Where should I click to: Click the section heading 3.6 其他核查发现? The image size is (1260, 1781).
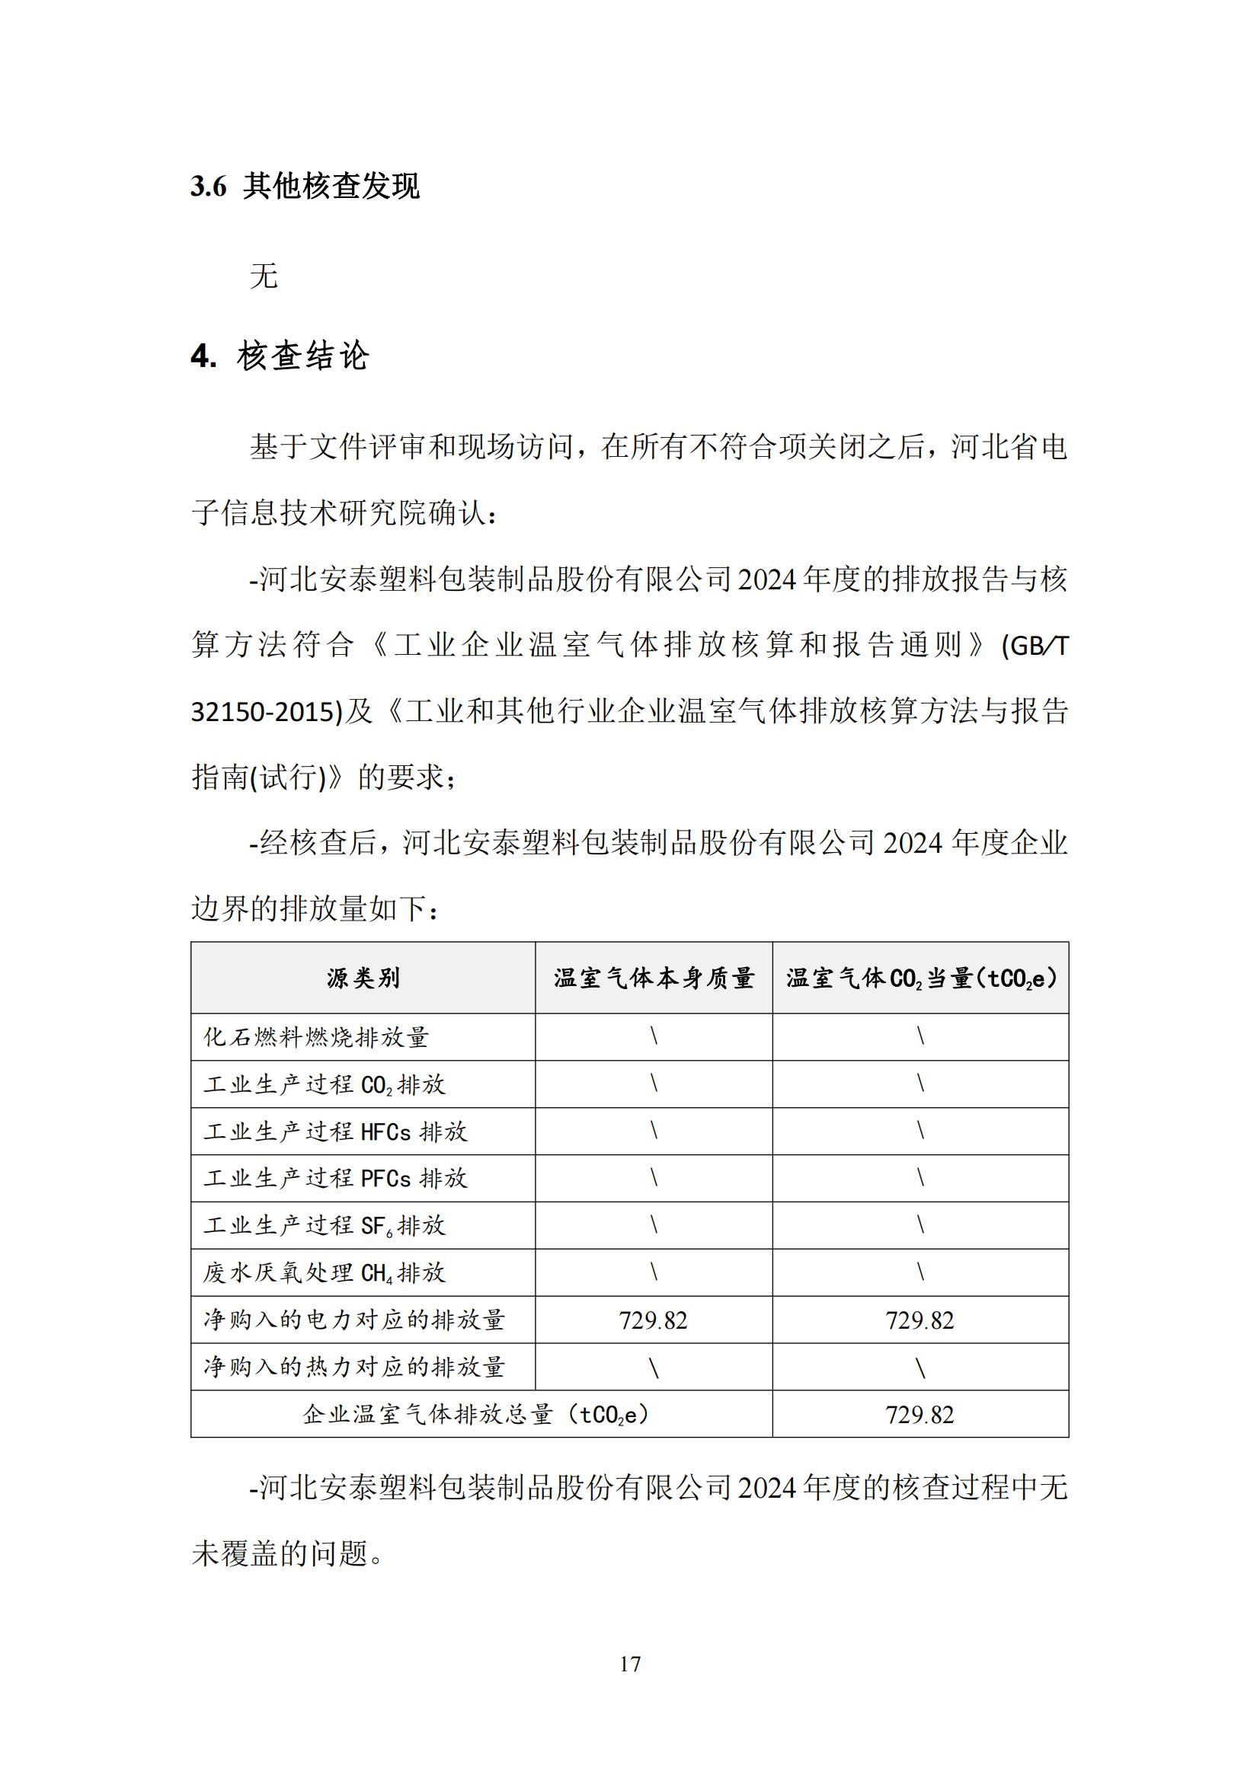click(x=305, y=186)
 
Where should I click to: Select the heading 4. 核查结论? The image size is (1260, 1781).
click(x=280, y=356)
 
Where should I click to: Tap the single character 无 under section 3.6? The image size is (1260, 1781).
click(x=264, y=276)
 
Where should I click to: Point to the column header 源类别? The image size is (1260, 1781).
click(x=363, y=978)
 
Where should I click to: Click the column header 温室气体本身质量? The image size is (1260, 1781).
click(x=654, y=978)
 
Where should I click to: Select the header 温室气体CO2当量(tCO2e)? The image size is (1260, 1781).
click(x=920, y=978)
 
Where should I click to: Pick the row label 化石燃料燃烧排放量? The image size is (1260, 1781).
click(x=316, y=1037)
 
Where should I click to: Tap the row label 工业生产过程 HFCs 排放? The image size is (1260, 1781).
click(x=335, y=1131)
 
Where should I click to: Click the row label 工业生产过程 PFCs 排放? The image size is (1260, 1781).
click(x=335, y=1178)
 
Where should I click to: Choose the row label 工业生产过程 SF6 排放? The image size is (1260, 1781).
click(x=325, y=1226)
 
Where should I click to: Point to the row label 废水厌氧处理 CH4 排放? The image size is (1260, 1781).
click(x=325, y=1273)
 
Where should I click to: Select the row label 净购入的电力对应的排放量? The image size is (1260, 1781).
click(x=353, y=1320)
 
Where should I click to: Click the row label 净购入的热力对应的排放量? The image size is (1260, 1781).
click(x=353, y=1367)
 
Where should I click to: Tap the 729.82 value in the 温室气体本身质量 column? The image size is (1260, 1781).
click(x=654, y=1320)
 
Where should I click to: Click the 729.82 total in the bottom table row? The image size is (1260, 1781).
click(x=920, y=1415)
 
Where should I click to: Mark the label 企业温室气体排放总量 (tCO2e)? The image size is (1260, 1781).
click(x=475, y=1415)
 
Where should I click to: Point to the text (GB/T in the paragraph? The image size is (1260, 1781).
click(x=1035, y=646)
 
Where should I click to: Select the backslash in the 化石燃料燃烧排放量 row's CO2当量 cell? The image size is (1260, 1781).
click(x=920, y=1036)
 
